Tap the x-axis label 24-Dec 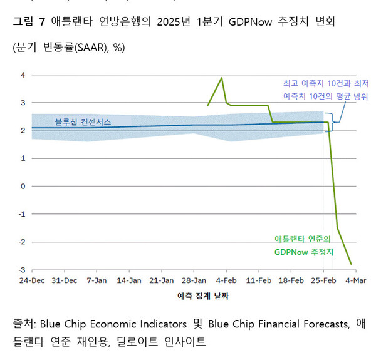(x=31, y=280)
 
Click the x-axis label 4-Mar (x=356, y=280)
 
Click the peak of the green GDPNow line (x=221, y=78)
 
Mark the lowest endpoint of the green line (x=351, y=264)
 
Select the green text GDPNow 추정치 (x=303, y=252)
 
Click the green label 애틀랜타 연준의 (x=303, y=239)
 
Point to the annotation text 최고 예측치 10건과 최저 (x=325, y=83)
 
